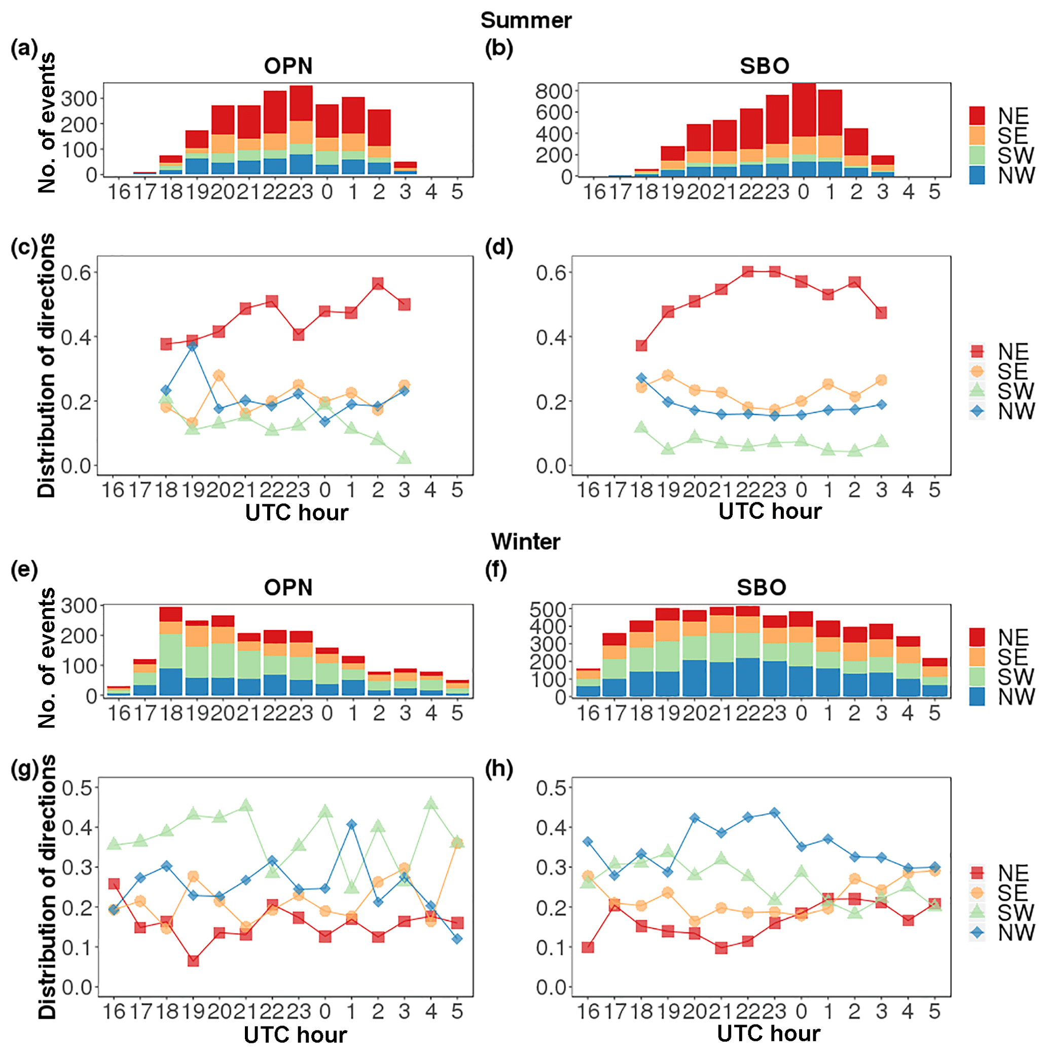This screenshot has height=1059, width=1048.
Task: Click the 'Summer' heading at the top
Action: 525,20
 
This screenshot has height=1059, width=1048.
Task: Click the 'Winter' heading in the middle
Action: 525,542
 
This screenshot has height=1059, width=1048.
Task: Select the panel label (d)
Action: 498,248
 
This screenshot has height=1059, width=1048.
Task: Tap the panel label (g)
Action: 24,769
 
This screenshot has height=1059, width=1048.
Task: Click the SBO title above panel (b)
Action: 764,66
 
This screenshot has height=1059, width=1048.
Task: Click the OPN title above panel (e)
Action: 288,588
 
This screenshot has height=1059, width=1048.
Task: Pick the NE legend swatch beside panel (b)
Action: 977,116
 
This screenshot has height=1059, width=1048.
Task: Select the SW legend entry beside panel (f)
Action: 977,677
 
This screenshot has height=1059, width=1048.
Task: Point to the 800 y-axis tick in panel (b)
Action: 553,91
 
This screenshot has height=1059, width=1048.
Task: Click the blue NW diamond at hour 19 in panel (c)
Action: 192,346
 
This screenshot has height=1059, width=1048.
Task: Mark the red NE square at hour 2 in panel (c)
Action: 377,284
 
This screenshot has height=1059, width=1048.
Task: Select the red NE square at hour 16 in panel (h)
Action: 588,947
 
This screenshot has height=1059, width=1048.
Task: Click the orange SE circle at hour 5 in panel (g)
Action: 457,842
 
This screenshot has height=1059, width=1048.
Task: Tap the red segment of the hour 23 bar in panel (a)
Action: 301,103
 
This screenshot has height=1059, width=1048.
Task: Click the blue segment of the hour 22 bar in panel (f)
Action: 748,677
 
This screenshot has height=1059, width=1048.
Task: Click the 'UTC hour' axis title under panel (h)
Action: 769,1033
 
